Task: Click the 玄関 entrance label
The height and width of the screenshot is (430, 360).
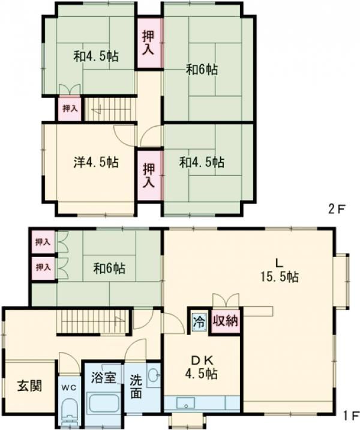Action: (30, 386)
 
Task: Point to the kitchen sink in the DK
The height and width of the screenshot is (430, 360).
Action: (187, 403)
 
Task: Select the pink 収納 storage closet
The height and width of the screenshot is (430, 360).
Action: (226, 321)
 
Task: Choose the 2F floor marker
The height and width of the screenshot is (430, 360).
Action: (335, 210)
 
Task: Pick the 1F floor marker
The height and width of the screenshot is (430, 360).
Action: (350, 416)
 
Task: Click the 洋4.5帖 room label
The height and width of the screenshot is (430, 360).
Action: (96, 162)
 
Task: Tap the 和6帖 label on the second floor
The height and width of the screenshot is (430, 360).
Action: (202, 70)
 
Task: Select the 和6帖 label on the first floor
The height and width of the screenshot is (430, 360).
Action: (109, 268)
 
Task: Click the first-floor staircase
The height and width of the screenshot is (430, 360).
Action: (93, 321)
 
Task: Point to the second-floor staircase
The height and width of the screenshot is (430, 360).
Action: (110, 109)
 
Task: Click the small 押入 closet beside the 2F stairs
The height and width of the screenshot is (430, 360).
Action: (70, 109)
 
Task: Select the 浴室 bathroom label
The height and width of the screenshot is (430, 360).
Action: (104, 378)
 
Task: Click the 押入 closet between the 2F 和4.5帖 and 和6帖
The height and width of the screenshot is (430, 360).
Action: (149, 43)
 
